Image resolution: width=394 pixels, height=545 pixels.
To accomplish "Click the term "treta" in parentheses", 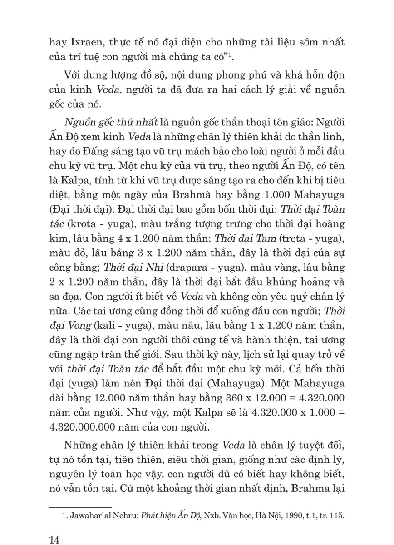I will point(277,237).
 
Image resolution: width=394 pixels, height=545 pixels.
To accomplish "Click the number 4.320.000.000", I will point(89,426).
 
